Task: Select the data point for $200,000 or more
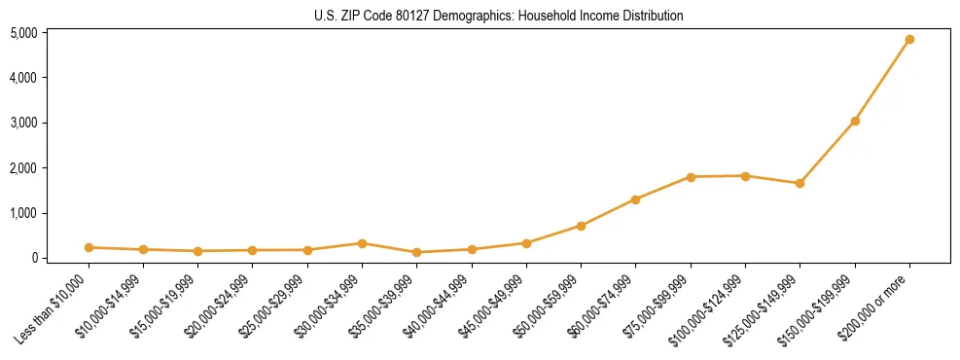tap(909, 40)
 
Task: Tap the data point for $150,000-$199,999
tap(855, 121)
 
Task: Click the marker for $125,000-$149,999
tap(800, 183)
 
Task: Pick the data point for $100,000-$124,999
tap(745, 176)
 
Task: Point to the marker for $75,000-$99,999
tap(691, 177)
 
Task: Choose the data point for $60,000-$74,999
tap(635, 199)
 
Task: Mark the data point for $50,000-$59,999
tap(581, 226)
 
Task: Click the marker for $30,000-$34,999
tap(362, 243)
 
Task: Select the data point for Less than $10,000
tap(89, 247)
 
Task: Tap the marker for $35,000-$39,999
tap(416, 252)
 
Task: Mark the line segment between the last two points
tap(882, 81)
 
